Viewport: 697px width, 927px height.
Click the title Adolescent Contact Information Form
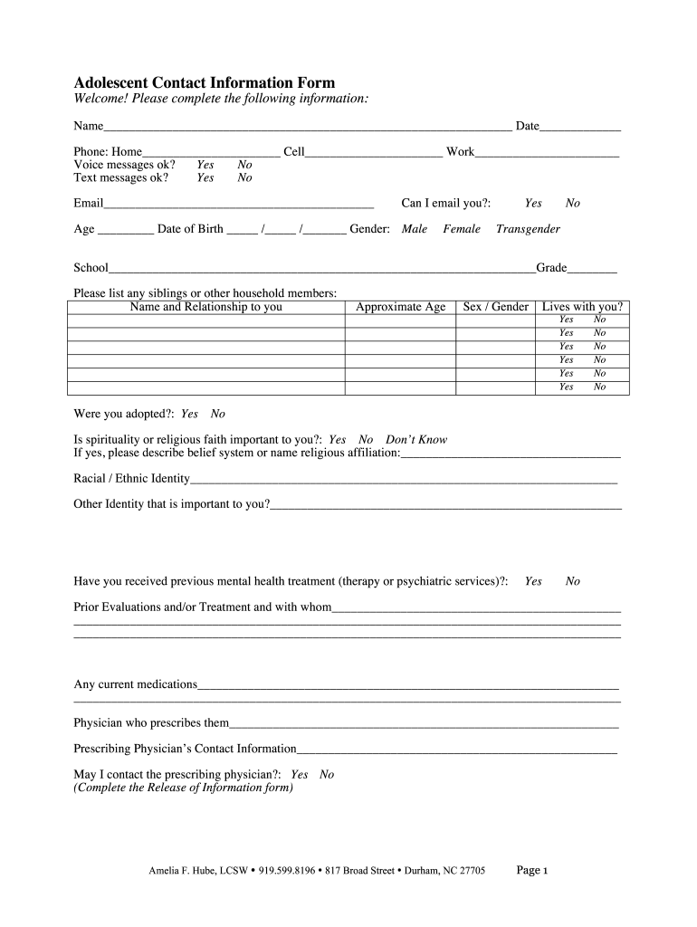click(x=204, y=82)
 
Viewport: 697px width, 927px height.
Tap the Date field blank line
click(x=580, y=127)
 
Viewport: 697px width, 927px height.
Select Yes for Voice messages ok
click(x=205, y=165)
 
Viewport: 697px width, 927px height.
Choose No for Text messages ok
click(x=244, y=178)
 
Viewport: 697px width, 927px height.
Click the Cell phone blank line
click(x=374, y=153)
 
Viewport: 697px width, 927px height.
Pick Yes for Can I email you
click(x=533, y=204)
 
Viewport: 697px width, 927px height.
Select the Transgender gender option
click(x=528, y=229)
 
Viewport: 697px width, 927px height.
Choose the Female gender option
click(x=462, y=229)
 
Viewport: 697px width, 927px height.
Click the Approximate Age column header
click(x=400, y=307)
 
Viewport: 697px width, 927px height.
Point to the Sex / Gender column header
click(x=495, y=307)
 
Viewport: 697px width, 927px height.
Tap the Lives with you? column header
click(x=582, y=307)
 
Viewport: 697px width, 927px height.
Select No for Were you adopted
click(x=218, y=415)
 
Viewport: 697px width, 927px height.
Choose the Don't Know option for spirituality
click(x=416, y=440)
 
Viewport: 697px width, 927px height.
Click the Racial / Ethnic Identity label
click(x=131, y=479)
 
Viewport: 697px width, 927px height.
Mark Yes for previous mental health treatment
click(x=533, y=581)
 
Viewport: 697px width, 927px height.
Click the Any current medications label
click(x=135, y=684)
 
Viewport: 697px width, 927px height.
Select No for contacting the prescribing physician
click(x=327, y=775)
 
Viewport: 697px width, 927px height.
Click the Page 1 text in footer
click(x=532, y=871)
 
